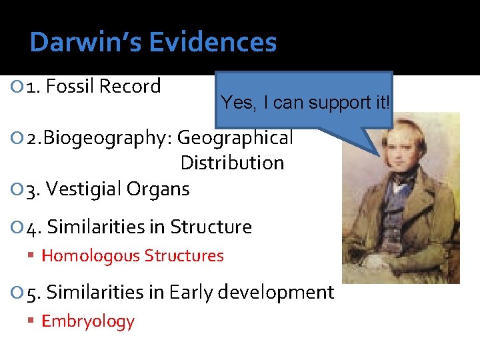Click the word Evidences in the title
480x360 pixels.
(x=213, y=43)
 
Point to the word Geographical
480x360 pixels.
(x=235, y=138)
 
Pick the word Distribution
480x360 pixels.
(x=232, y=163)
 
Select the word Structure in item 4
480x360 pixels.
(x=211, y=227)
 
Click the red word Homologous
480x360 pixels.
(x=91, y=255)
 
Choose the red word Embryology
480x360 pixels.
(x=88, y=321)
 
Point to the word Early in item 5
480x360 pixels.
(x=191, y=293)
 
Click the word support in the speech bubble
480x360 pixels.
(x=341, y=103)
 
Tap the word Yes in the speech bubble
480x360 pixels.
(x=235, y=103)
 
